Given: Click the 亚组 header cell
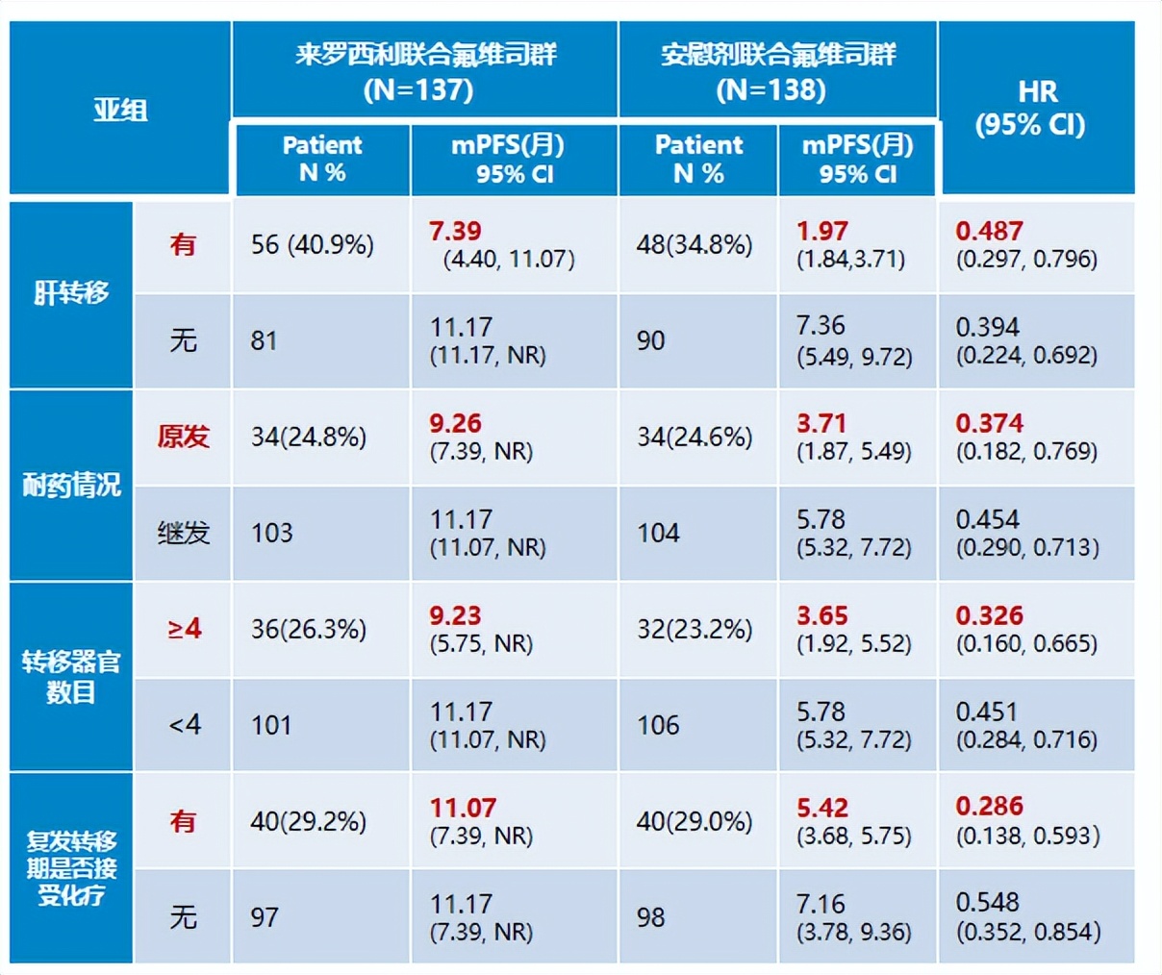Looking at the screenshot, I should pos(120,109).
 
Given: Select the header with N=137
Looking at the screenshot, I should pos(424,70).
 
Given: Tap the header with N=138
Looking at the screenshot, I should pos(777,70).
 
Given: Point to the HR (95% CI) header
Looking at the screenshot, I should pos(1036,108).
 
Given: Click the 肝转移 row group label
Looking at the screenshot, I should pos(71,292).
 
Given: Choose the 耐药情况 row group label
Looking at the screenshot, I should pos(71,485).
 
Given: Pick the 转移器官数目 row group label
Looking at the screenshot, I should pos(71,676).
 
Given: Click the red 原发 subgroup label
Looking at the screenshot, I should pos(183,437).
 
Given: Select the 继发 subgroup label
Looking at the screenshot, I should pos(183,533).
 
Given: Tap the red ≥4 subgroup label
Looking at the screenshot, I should pos(184,629).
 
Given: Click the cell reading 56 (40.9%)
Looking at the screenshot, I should pos(312,244).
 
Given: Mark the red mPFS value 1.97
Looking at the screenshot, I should pos(822,231).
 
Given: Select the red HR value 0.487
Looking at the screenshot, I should pos(989,231).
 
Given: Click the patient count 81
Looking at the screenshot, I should pos(265,340).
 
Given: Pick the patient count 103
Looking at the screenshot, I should pos(271,533).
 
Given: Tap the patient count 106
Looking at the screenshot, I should pos(658,725).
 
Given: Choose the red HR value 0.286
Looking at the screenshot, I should pos(989,807).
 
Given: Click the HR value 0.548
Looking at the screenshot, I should pos(987,902).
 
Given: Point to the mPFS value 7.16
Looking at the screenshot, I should pos(821,903).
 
